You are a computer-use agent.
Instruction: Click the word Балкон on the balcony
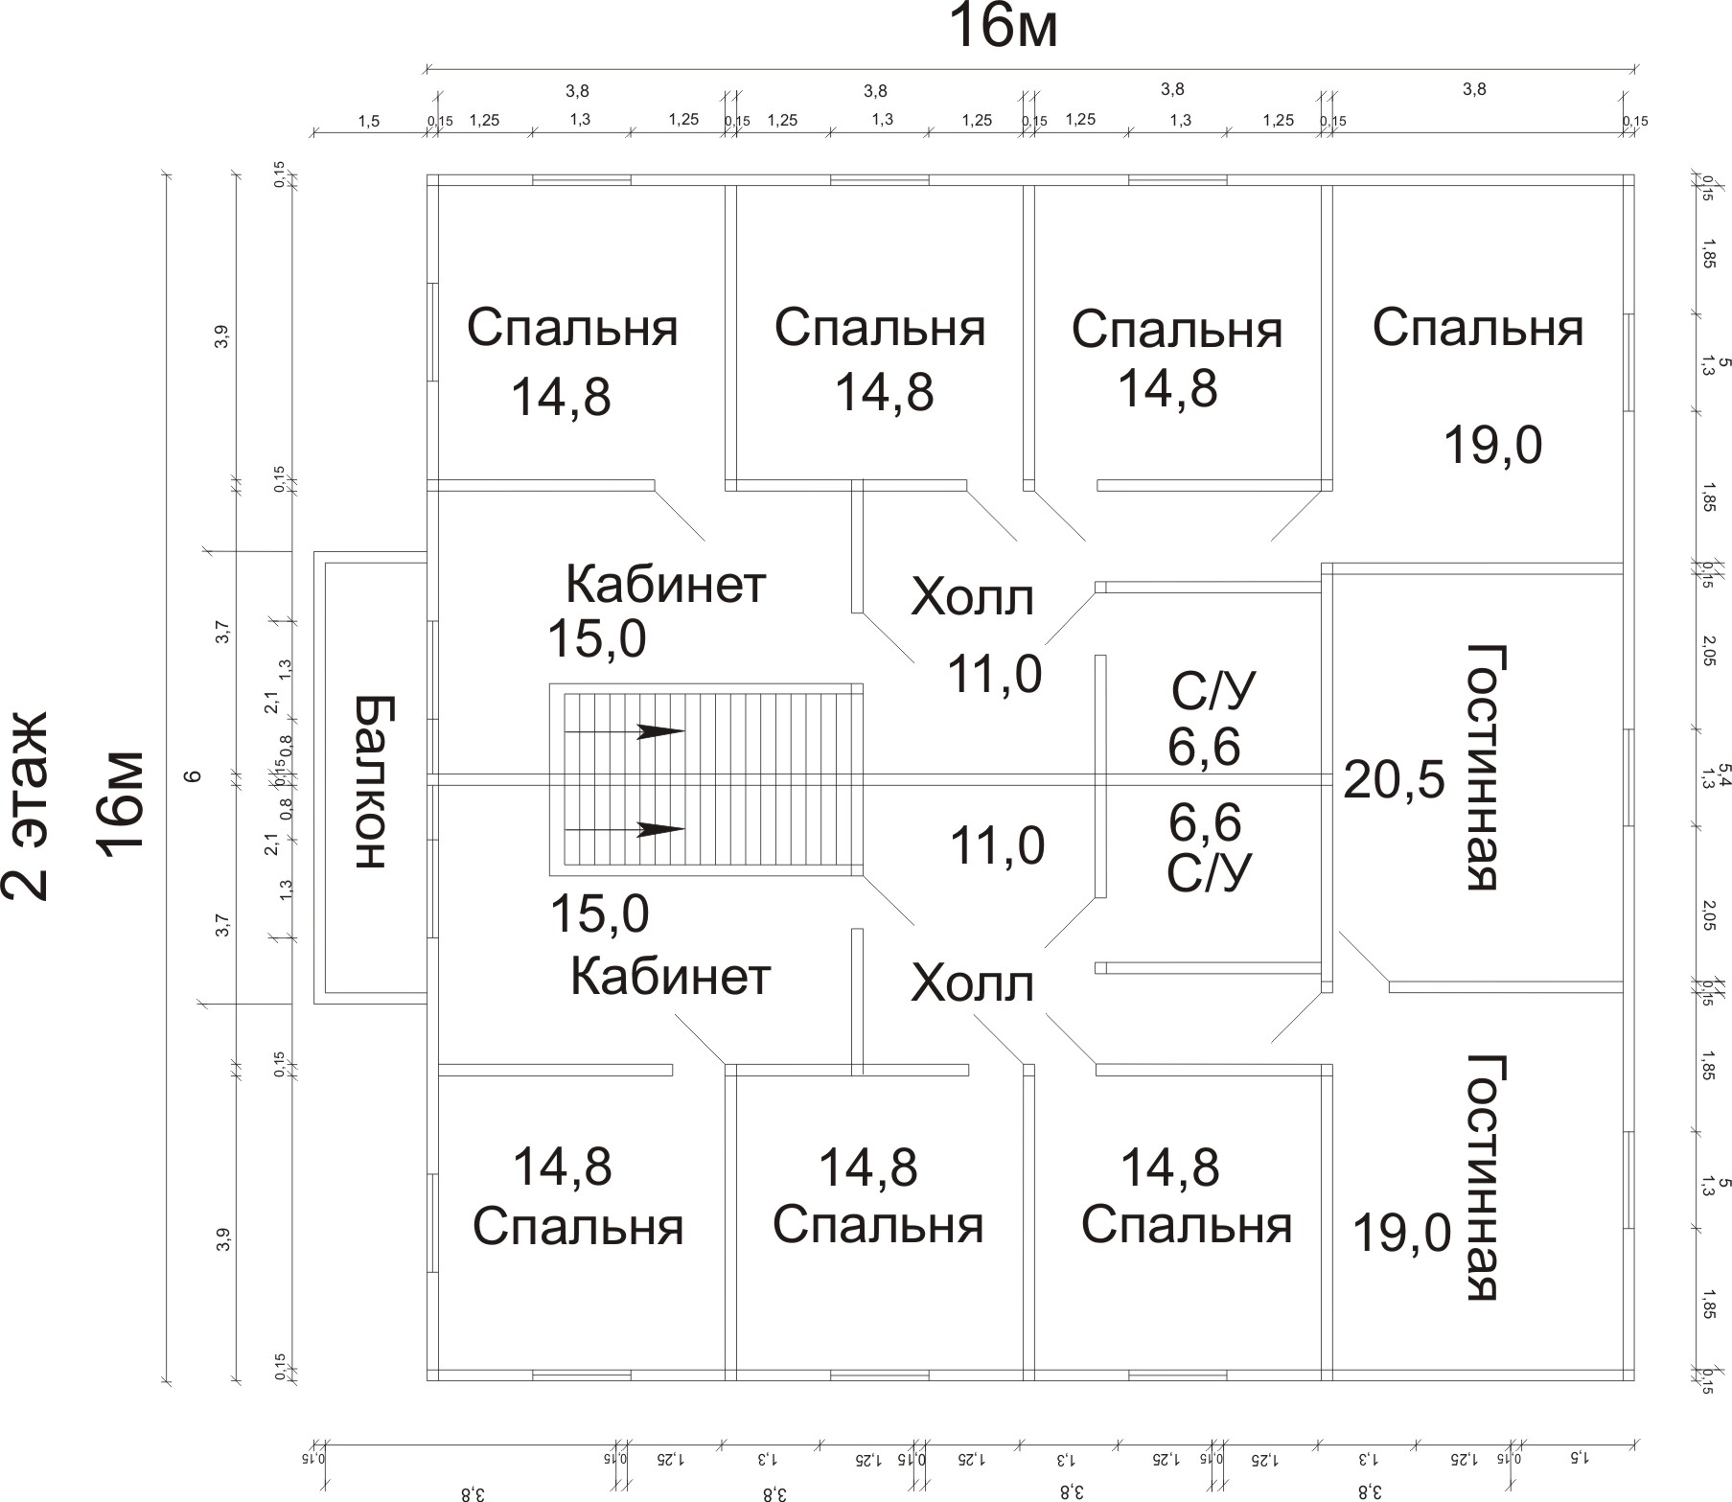click(x=370, y=781)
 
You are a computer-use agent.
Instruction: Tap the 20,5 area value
click(x=1394, y=780)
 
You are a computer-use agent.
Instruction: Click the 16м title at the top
click(x=1003, y=28)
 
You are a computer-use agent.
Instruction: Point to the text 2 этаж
click(x=26, y=805)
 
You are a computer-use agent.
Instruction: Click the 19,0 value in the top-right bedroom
click(x=1492, y=446)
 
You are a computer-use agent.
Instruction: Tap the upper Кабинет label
click(x=666, y=584)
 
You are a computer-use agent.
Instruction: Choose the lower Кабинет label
click(x=670, y=977)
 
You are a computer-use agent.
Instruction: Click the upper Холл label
click(x=972, y=597)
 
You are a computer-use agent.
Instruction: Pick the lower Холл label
click(x=972, y=983)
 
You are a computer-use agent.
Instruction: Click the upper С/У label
click(x=1212, y=690)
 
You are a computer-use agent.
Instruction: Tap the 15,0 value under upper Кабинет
click(x=596, y=639)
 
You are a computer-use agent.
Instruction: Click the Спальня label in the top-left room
click(x=572, y=328)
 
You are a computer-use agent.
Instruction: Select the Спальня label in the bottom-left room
click(x=578, y=1227)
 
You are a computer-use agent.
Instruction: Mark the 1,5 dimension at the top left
click(x=368, y=121)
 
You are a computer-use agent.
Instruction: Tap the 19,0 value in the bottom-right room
click(x=1401, y=1233)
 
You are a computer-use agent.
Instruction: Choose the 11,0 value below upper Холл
click(x=994, y=674)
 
